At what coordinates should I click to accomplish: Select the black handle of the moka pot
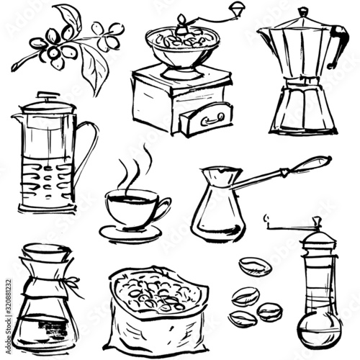337,47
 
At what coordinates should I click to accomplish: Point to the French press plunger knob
45,94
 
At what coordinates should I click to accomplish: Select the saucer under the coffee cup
130,233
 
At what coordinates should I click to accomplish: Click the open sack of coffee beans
155,310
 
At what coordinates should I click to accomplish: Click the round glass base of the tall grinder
317,330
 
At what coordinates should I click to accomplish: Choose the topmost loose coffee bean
256,266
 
